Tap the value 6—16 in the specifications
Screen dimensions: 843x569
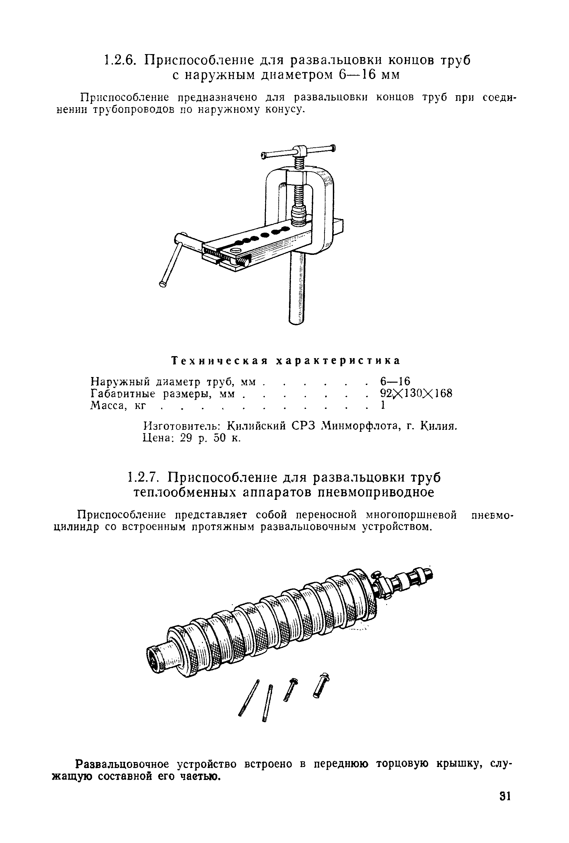[x=395, y=381]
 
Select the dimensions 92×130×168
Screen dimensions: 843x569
[x=416, y=393]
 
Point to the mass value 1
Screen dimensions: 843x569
[x=382, y=405]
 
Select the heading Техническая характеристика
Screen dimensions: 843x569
[x=286, y=361]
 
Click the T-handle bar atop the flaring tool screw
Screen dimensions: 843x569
[x=298, y=151]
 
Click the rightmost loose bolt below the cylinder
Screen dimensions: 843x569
[x=321, y=685]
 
